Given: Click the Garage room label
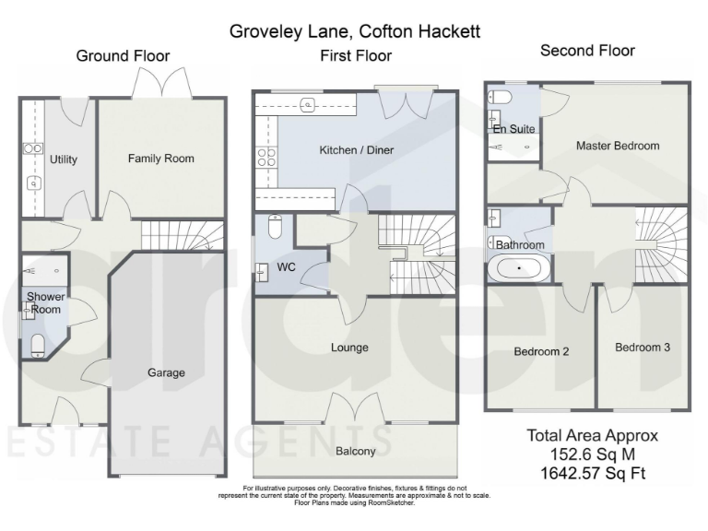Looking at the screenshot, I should pos(166,373).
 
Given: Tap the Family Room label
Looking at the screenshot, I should pos(161,159).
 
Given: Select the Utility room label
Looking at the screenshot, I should pos(64,159).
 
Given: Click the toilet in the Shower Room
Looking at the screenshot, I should pos(39,345).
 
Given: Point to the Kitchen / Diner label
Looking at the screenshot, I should pos(355,149).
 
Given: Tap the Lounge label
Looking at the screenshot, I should pos(349,348).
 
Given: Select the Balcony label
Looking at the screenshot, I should pos(355,451).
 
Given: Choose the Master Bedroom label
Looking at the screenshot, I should pos(618,146).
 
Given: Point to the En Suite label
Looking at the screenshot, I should pos(513,129).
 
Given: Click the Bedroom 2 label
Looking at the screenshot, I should pos(540,351).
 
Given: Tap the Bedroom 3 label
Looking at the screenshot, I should pos(643,348).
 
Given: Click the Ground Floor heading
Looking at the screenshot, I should pos(123,56).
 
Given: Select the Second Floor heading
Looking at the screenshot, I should pos(587,51).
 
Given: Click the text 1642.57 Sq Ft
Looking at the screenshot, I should pos(592,472).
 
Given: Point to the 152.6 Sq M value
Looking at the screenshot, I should pos(592,454).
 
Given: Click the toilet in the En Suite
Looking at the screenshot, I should pos(498,97).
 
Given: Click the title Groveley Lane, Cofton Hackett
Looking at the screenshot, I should pos(355,32).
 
